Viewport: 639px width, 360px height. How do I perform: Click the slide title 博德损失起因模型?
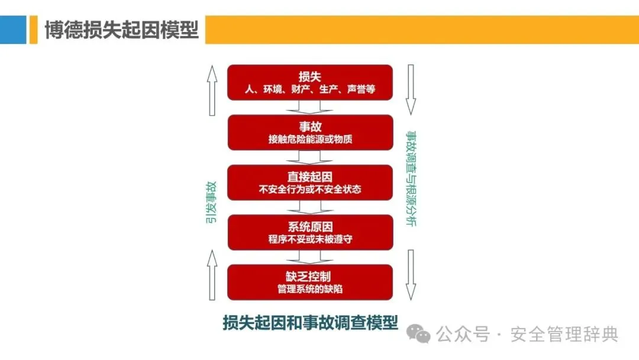point(121,29)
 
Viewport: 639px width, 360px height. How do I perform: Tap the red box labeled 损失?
point(310,82)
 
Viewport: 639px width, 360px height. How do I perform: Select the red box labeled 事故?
point(310,132)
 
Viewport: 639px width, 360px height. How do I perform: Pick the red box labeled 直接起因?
point(310,182)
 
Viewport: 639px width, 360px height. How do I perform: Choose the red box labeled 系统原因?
point(310,232)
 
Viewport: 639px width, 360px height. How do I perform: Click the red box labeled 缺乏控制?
point(310,282)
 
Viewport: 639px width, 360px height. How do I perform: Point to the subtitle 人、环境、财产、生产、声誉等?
point(310,91)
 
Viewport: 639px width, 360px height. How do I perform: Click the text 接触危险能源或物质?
point(310,140)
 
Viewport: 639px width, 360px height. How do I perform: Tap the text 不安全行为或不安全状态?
point(310,190)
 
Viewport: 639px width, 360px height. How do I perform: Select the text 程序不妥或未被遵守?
point(310,240)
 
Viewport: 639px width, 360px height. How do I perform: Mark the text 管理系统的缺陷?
point(310,290)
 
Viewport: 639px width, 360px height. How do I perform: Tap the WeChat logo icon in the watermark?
point(422,335)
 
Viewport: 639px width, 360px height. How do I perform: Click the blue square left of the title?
point(13,29)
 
